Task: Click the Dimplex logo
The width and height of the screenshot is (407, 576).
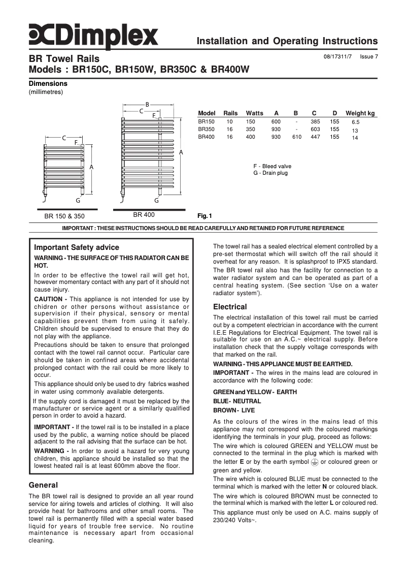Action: point(93,37)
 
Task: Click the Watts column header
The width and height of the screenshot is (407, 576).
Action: point(254,113)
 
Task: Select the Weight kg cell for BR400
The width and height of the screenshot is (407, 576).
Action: point(355,138)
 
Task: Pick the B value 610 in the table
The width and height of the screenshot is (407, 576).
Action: point(297,137)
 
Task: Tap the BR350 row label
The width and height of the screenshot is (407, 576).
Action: point(206,130)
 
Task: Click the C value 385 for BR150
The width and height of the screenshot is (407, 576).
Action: point(315,122)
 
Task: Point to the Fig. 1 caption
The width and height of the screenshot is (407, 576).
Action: point(205,215)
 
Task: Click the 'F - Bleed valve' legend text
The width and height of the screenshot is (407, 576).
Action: point(272,166)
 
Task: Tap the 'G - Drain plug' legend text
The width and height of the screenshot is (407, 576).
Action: point(270,173)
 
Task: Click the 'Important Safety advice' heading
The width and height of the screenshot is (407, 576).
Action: point(77,247)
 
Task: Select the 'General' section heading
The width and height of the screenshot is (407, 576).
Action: point(43,485)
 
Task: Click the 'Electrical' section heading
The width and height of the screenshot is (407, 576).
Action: point(230,307)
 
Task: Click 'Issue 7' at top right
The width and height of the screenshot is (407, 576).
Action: point(369,57)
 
